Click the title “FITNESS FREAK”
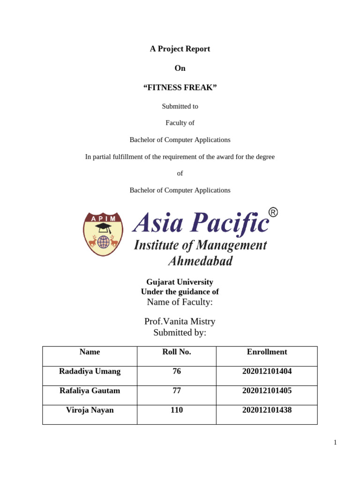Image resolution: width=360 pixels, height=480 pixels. click(180, 88)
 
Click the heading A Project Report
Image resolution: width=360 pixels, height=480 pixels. click(180, 49)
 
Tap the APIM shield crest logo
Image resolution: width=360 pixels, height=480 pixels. click(103, 234)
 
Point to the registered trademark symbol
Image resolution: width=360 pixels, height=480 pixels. click(273, 213)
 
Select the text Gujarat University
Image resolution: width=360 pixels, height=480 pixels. click(180, 282)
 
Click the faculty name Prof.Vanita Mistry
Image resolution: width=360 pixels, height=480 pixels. click(180, 322)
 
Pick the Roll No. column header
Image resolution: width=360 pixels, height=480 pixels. click(177, 352)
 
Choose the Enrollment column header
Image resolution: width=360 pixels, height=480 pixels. click(267, 352)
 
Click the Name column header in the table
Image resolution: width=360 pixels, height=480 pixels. click(90, 352)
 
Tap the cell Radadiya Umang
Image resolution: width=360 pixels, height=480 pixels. click(90, 371)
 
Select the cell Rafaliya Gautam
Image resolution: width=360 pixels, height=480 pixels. click(90, 390)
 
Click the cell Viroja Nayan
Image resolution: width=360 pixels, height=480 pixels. click(90, 410)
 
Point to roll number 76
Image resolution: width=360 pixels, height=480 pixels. click(177, 371)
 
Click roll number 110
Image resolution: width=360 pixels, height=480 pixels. click(177, 410)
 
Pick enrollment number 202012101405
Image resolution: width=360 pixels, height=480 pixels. click(267, 390)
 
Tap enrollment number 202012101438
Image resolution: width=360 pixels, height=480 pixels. click(267, 410)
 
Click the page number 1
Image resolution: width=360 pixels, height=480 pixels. click(335, 442)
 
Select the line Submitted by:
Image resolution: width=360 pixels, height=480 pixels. click(180, 333)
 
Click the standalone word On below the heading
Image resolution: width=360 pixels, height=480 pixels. click(180, 68)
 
